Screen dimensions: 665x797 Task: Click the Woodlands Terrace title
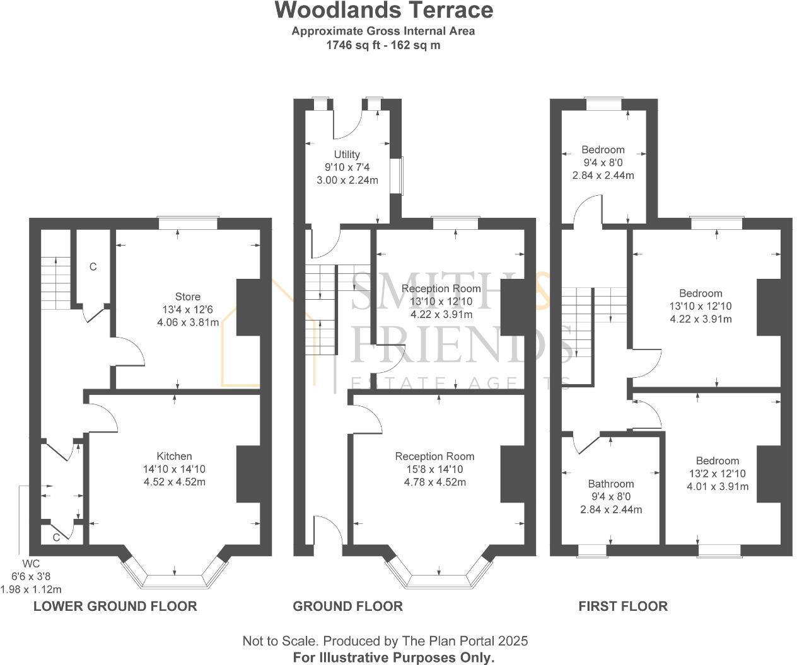pyautogui.click(x=384, y=11)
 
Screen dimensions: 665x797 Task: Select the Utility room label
pyautogui.click(x=347, y=154)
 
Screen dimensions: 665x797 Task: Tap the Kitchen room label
pyautogui.click(x=174, y=456)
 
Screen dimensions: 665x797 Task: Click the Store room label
pyautogui.click(x=188, y=297)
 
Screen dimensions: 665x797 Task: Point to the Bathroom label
pyautogui.click(x=610, y=484)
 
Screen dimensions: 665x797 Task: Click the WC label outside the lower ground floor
pyautogui.click(x=31, y=563)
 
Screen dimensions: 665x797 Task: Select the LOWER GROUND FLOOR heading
pyautogui.click(x=115, y=606)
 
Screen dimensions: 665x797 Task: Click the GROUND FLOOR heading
pyautogui.click(x=347, y=606)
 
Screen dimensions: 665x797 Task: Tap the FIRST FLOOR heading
pyautogui.click(x=623, y=606)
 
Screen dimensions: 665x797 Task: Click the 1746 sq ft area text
pyautogui.click(x=353, y=45)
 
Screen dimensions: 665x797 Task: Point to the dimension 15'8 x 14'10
pyautogui.click(x=434, y=469)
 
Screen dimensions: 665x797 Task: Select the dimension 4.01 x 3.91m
pyautogui.click(x=718, y=486)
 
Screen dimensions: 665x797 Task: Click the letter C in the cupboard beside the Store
pyautogui.click(x=93, y=267)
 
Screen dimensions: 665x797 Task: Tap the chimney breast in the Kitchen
pyautogui.click(x=248, y=474)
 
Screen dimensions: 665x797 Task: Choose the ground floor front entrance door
pyautogui.click(x=328, y=532)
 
